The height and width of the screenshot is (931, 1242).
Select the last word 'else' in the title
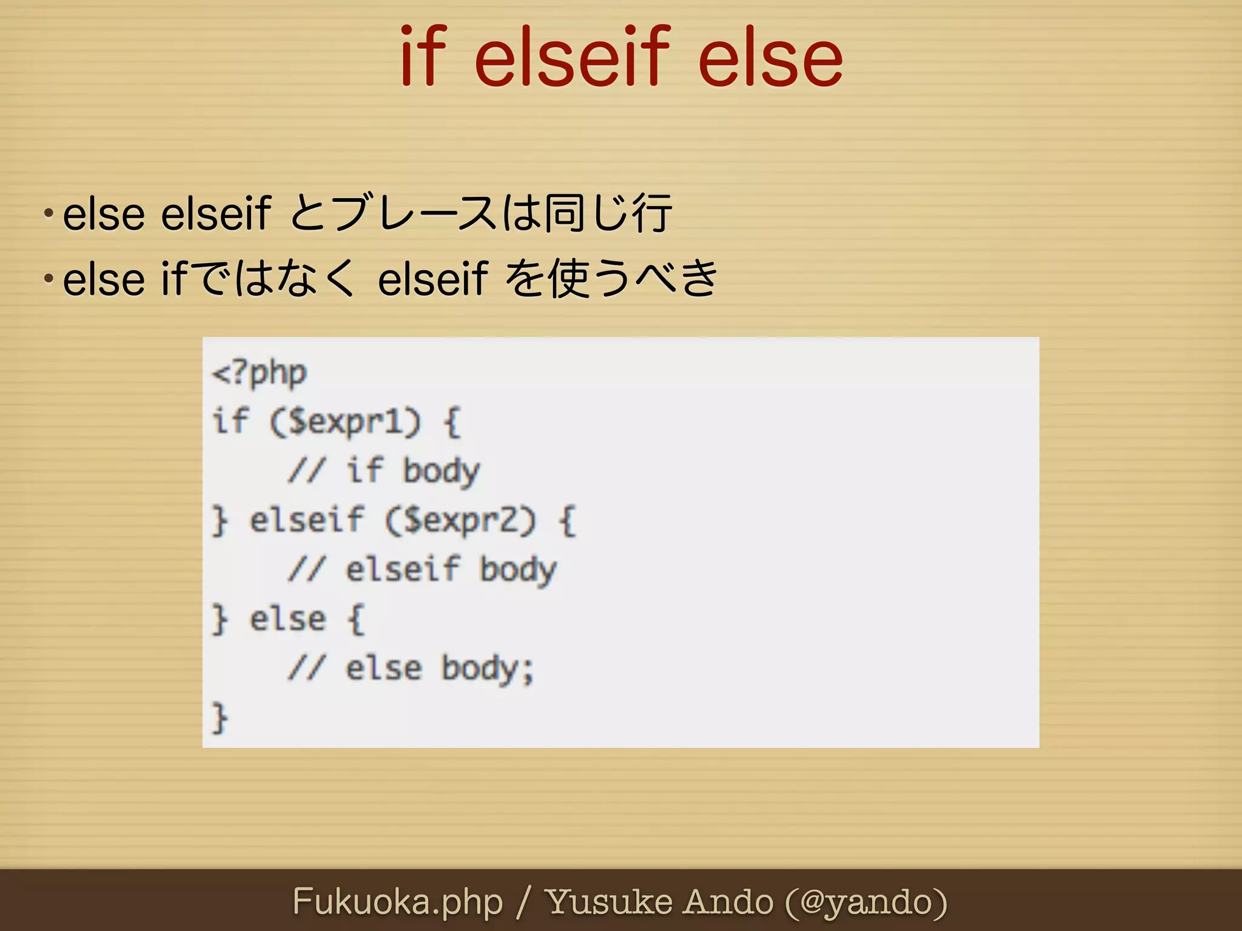[x=770, y=58]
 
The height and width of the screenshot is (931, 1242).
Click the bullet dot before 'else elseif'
[x=49, y=213]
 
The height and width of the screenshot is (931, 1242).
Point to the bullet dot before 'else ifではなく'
[x=49, y=279]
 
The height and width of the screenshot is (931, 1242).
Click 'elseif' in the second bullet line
[x=432, y=279]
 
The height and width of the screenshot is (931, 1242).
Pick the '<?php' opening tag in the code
[x=260, y=373]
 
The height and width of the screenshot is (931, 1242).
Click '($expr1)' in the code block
[x=345, y=422]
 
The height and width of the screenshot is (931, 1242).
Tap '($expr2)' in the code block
[x=461, y=520]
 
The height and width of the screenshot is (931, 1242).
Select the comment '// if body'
[x=384, y=471]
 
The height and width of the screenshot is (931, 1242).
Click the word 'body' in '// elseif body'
[x=518, y=570]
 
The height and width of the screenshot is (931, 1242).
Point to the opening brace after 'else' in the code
[x=357, y=619]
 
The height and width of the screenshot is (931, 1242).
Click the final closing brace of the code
[x=220, y=718]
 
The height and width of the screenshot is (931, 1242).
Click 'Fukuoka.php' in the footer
[x=398, y=902]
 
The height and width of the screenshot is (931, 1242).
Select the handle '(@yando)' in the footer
[x=866, y=902]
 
